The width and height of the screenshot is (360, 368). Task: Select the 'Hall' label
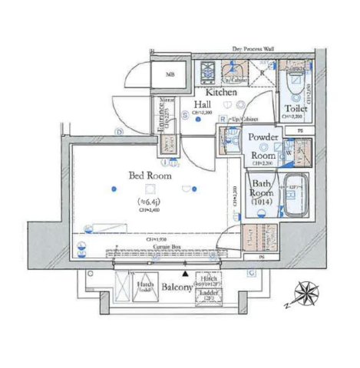pyautogui.click(x=203, y=105)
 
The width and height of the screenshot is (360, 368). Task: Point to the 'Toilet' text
pyautogui.click(x=297, y=108)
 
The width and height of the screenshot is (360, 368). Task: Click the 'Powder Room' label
pyautogui.click(x=265, y=143)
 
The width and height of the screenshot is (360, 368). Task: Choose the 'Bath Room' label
pyautogui.click(x=262, y=190)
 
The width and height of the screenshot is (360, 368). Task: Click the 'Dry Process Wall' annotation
pyautogui.click(x=254, y=50)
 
